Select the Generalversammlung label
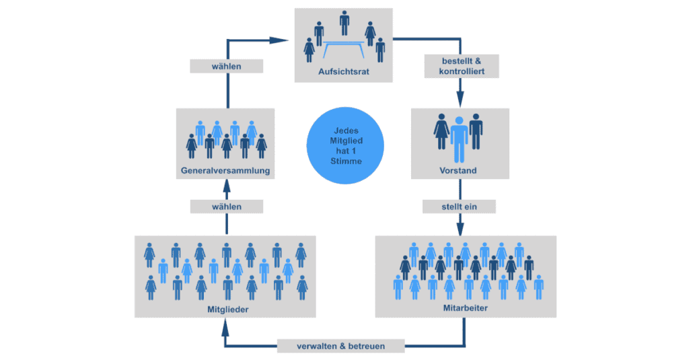[x=226, y=171]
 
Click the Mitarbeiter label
[x=466, y=308]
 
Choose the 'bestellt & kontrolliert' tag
[x=462, y=66]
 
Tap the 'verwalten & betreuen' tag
[x=341, y=346]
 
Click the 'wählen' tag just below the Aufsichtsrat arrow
[x=226, y=67]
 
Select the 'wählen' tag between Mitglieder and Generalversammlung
[x=226, y=207]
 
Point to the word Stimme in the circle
[x=345, y=161]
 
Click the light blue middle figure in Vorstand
[x=460, y=139]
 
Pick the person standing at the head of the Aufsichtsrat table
[x=344, y=22]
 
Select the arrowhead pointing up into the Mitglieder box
[x=226, y=326]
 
